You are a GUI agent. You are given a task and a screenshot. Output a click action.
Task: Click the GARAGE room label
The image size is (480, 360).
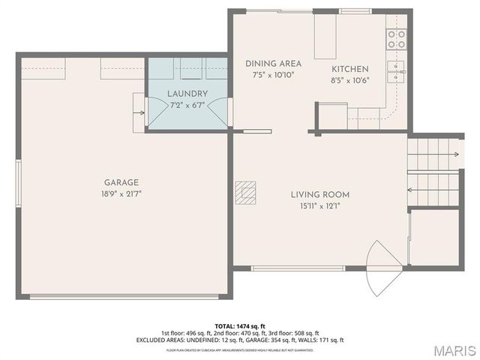tap(121, 182)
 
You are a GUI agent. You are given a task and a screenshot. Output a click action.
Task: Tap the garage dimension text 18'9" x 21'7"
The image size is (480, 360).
tap(121, 193)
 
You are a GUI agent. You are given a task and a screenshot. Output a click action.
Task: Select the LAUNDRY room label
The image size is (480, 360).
tap(187, 94)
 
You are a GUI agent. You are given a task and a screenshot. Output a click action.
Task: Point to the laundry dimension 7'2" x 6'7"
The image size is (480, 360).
tap(187, 104)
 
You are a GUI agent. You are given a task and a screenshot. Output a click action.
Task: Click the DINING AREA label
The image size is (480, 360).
tap(273, 64)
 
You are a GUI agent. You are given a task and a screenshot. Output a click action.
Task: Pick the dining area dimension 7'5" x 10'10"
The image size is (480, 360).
tap(273, 74)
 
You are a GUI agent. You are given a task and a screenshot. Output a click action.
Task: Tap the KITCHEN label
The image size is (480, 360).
tap(350, 69)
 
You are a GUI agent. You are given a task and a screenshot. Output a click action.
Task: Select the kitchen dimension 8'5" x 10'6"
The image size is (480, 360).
tap(350, 80)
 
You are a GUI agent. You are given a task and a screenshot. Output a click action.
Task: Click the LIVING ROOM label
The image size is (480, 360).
tap(320, 195)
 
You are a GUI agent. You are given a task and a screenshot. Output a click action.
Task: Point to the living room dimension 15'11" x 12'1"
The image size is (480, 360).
tap(320, 206)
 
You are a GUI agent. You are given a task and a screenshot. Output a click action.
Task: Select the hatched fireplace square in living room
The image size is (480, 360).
tap(244, 193)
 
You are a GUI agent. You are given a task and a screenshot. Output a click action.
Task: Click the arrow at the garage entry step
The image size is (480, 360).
tap(139, 113)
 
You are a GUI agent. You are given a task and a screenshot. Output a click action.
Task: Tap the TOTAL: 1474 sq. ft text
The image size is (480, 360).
tap(240, 326)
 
